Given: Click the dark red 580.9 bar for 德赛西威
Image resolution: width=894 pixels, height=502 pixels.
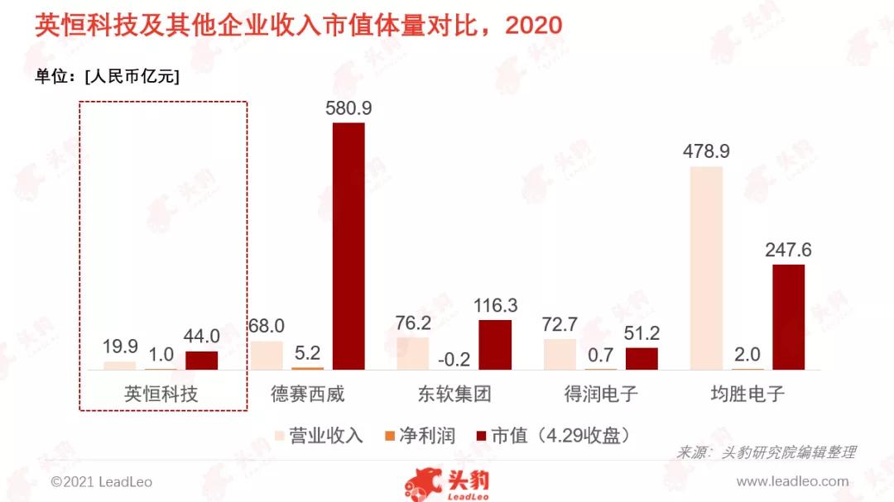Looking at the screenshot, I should pos(348,246).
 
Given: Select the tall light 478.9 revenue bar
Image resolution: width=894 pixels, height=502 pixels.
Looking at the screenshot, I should pos(706,267).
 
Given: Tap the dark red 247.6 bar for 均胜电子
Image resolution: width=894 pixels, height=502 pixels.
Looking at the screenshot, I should pos(788,317).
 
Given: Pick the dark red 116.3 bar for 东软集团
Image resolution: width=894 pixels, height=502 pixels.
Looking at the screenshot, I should pos(495,344).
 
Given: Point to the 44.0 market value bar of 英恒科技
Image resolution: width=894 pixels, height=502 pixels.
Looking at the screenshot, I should pos(201,360).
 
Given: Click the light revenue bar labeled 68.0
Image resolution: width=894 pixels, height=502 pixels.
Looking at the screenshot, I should pos(267,355).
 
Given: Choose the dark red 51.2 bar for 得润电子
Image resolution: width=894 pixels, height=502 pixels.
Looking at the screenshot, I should pos(642,358).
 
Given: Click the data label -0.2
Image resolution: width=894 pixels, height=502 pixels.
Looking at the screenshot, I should pos(454,358).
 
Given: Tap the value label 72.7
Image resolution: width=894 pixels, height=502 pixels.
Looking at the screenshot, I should pos(560,325).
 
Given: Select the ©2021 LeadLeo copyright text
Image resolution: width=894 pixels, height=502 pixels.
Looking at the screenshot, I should pos(101,481).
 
